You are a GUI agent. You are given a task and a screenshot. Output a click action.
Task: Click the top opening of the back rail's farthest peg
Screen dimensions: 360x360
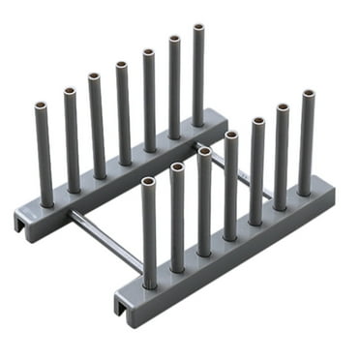198,28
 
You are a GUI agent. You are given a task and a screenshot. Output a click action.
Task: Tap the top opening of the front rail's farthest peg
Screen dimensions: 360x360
308,95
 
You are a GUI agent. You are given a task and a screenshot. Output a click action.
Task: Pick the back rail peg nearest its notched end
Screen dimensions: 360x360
45,155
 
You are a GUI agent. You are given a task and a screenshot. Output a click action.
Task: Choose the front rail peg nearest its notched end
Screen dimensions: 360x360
149,232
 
